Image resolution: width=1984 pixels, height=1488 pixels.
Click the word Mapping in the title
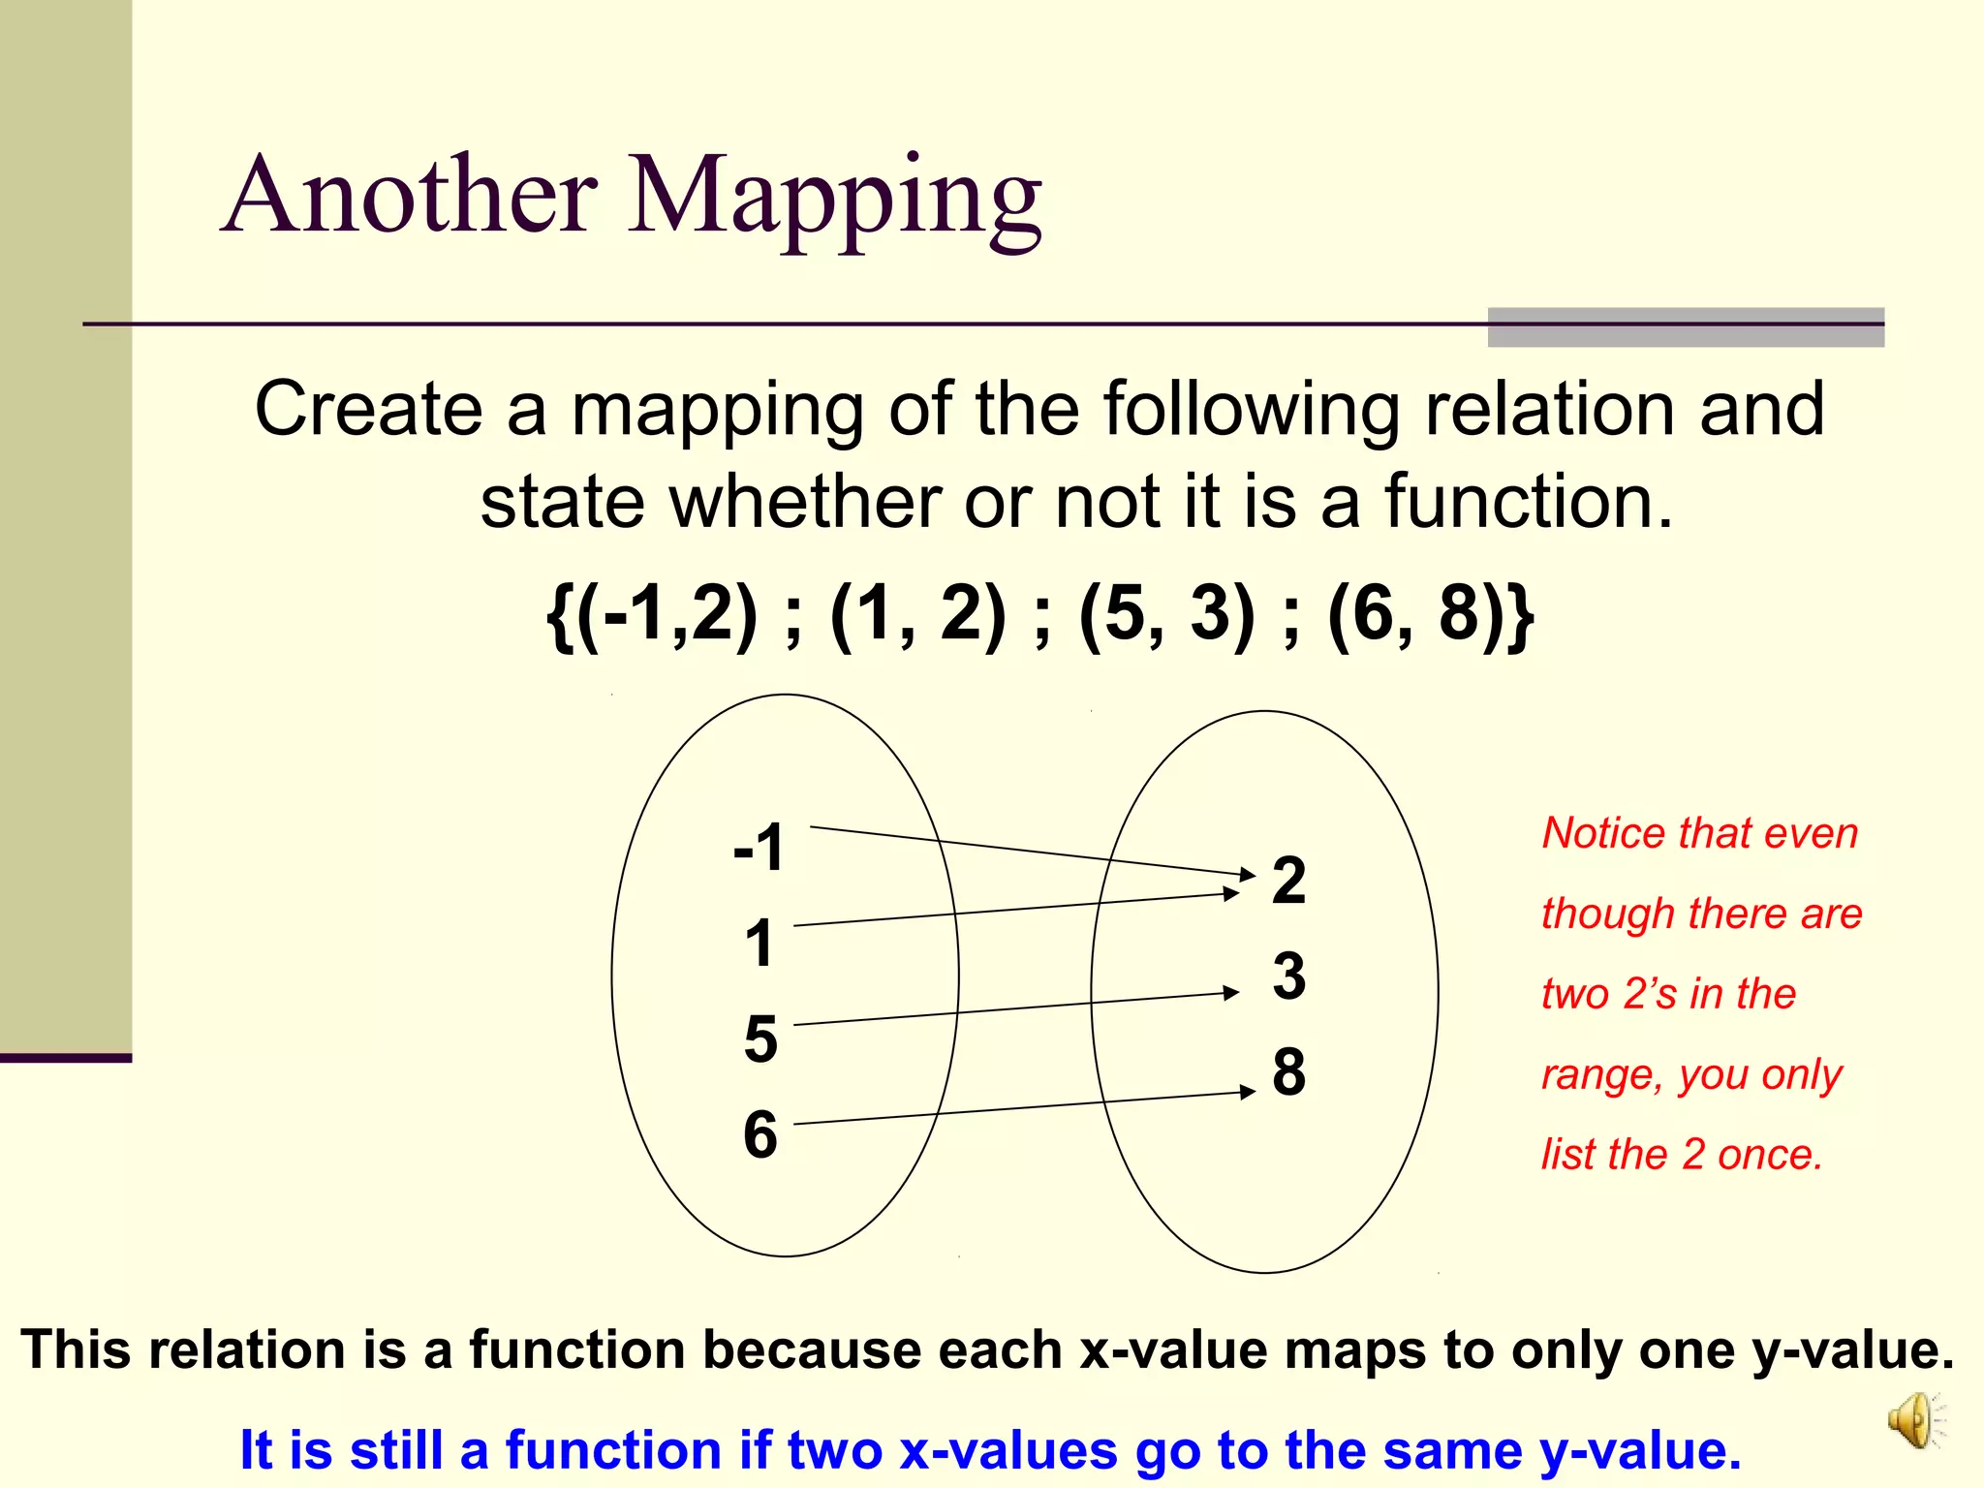pos(835,199)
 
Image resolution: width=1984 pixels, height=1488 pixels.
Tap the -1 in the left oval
pos(759,848)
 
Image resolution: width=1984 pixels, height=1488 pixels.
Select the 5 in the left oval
pos(760,1039)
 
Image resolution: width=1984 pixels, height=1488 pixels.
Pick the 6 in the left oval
pos(760,1134)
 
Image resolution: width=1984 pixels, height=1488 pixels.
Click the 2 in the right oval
pos(1288,881)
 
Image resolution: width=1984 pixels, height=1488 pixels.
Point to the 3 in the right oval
pos(1288,976)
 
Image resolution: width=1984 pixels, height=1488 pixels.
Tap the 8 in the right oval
pos(1288,1071)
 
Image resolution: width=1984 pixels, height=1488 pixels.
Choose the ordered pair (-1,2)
pos(667,614)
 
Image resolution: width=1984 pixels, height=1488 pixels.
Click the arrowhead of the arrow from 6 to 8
pos(1249,1092)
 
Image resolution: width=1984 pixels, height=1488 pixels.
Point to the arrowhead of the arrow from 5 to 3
pos(1232,992)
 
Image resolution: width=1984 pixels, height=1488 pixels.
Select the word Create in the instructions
pos(368,409)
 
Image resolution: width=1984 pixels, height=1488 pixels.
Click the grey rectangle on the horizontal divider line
pos(1686,327)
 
